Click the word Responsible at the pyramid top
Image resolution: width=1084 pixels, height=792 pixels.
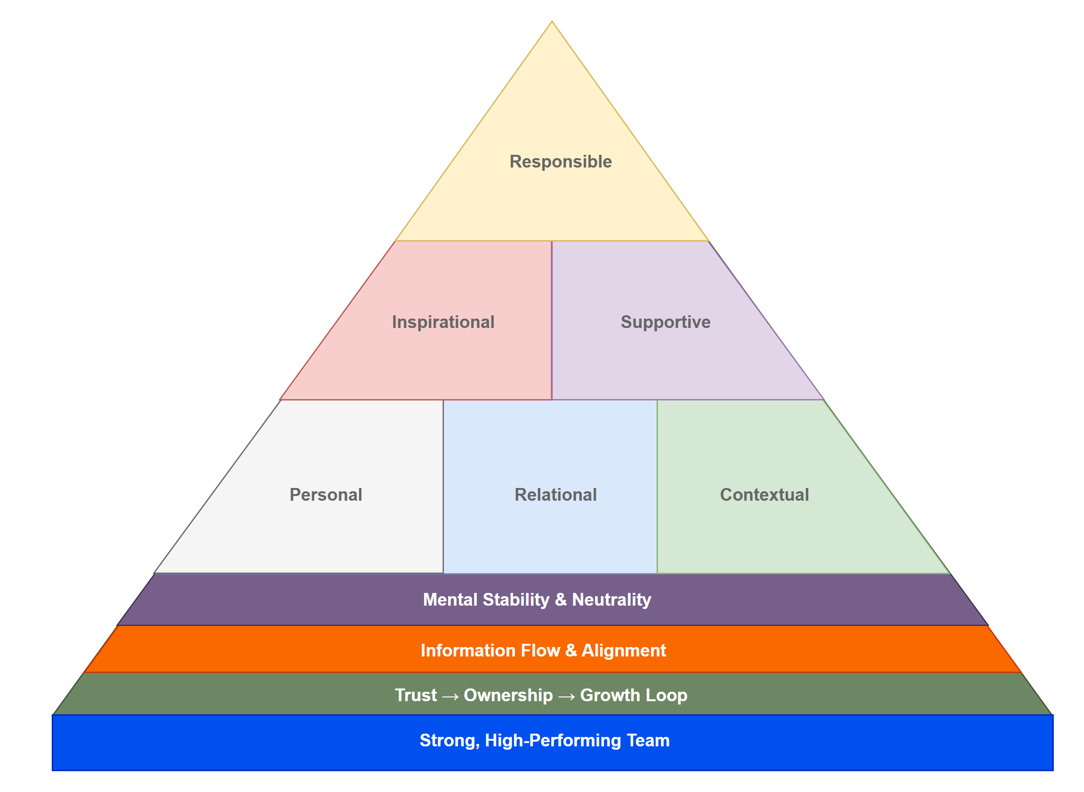pyautogui.click(x=561, y=161)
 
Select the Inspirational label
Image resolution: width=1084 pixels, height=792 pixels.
pyautogui.click(x=443, y=322)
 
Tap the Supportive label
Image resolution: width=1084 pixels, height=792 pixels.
pyautogui.click(x=666, y=322)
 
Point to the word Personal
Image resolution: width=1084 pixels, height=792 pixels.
pyautogui.click(x=326, y=495)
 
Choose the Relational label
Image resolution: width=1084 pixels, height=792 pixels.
pyautogui.click(x=556, y=495)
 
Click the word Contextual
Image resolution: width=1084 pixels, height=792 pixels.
pyautogui.click(x=764, y=495)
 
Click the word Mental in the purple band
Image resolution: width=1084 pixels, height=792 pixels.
pyautogui.click(x=450, y=600)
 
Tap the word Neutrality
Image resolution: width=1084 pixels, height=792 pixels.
pyautogui.click(x=611, y=600)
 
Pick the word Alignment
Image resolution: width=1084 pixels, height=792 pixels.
pyautogui.click(x=624, y=650)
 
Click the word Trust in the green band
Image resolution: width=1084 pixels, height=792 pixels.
pyautogui.click(x=416, y=695)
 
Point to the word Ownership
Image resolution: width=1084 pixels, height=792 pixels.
pyautogui.click(x=508, y=695)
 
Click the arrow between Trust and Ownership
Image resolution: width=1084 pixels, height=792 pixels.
pyautogui.click(x=450, y=696)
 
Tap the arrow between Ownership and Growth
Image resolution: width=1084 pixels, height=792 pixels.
pyautogui.click(x=566, y=696)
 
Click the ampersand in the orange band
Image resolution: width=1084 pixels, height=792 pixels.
pyautogui.click(x=570, y=650)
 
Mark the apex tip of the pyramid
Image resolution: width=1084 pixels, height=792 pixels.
pyautogui.click(x=552, y=22)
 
